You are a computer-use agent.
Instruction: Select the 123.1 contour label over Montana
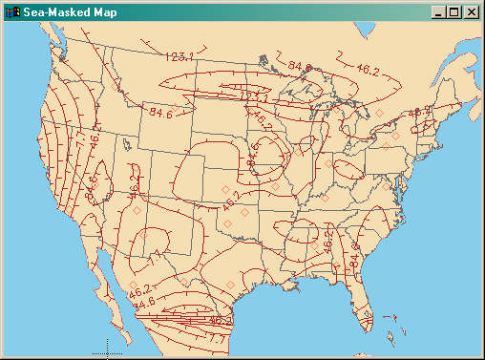pyautogui.click(x=179, y=57)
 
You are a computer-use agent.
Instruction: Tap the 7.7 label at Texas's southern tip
pyautogui.click(x=217, y=337)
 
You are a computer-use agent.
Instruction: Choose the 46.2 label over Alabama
pyautogui.click(x=327, y=241)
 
